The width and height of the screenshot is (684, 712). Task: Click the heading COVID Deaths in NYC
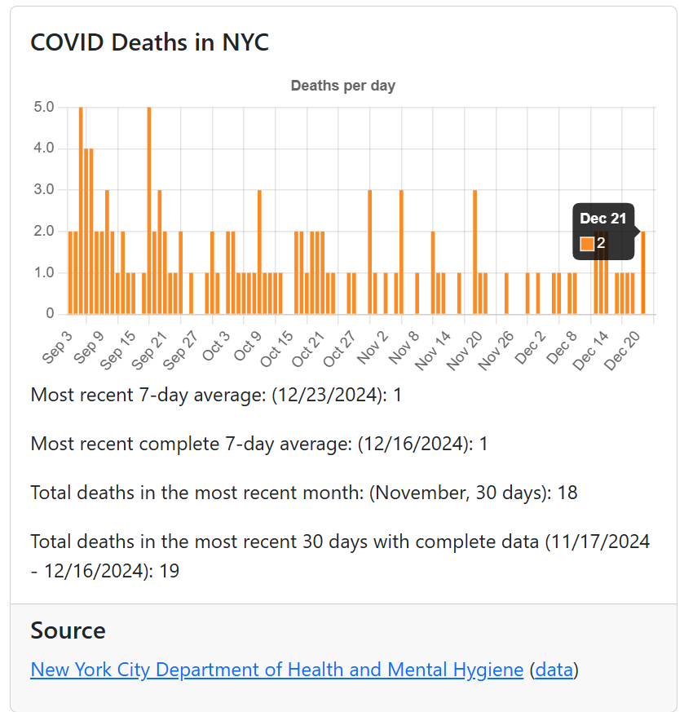point(149,42)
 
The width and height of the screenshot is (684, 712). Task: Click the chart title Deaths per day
point(342,86)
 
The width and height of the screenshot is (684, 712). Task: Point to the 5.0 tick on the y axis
point(44,107)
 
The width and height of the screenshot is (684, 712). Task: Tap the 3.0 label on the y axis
point(44,190)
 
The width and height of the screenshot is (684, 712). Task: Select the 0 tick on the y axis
point(50,314)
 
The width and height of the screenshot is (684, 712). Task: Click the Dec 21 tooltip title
point(602,219)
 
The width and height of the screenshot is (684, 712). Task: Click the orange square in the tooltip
point(587,243)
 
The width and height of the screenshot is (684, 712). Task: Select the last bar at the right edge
point(643,272)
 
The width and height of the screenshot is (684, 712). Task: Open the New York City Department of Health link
point(276,670)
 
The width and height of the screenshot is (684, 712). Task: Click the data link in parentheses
point(554,670)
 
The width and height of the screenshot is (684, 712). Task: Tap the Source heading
point(68,630)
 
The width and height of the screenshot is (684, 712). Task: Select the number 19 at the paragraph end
point(169,571)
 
